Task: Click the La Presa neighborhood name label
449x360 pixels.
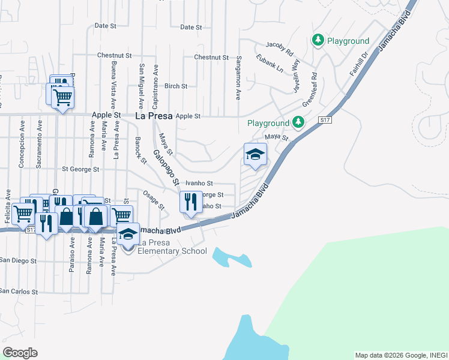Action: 154,115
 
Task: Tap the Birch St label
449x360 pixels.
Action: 176,86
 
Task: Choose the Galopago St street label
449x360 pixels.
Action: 166,167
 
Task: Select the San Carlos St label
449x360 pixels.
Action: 19,292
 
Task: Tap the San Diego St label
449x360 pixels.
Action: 18,261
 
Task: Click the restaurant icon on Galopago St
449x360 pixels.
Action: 190,202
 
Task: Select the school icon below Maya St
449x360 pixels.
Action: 255,155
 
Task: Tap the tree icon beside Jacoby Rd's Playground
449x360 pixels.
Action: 318,40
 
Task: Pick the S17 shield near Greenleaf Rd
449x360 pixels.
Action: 325,121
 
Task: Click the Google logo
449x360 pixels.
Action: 20,353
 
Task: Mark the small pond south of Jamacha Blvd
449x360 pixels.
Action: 231,257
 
